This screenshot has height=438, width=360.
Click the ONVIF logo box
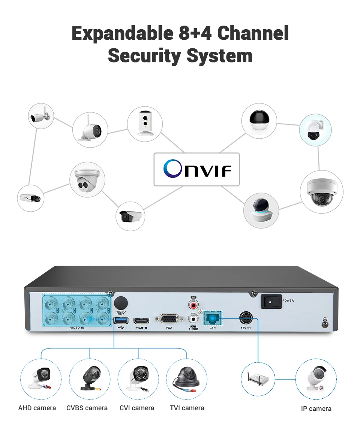(x=196, y=169)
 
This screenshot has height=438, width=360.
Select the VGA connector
(x=169, y=319)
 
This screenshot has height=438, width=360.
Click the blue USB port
(x=121, y=320)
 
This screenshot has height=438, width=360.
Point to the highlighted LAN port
(x=213, y=319)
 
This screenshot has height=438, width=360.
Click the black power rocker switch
(x=271, y=301)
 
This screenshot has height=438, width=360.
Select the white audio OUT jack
(x=193, y=318)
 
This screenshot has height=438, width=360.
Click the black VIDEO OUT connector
(x=121, y=302)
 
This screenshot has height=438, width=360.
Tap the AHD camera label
(x=37, y=408)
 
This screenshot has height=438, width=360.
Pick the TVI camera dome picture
(x=187, y=378)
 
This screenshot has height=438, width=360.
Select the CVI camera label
(x=137, y=408)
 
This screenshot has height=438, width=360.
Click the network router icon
(x=258, y=378)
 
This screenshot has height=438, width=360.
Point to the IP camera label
(x=316, y=409)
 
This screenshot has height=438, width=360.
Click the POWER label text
(x=288, y=300)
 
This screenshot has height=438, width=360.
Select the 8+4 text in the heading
(x=195, y=33)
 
